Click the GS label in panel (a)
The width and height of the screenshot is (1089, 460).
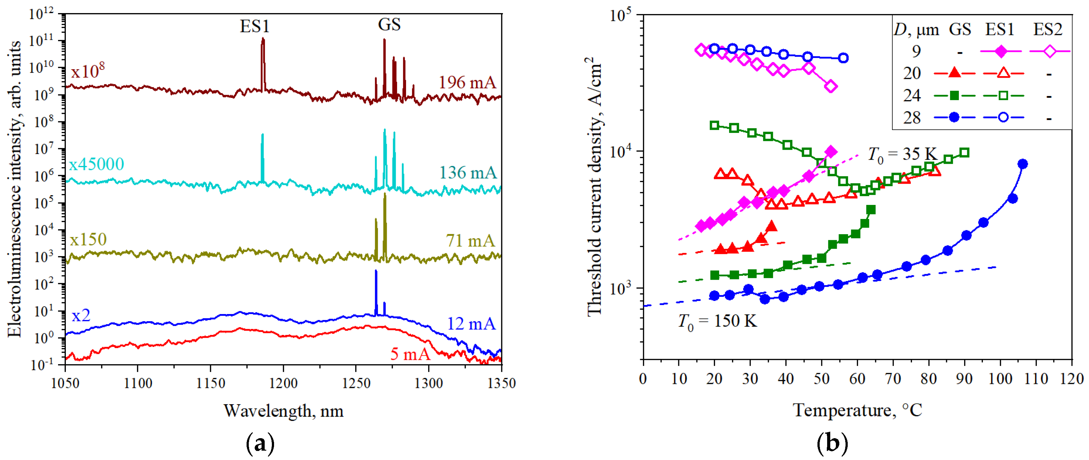389,25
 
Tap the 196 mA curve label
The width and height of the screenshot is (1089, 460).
467,83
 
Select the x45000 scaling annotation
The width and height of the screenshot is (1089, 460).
96,164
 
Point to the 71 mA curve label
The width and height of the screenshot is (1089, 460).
470,241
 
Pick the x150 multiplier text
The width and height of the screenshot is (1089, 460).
88,240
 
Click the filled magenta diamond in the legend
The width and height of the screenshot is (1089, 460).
1001,51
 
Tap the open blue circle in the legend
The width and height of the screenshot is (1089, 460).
1003,118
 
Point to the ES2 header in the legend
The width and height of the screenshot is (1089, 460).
1047,30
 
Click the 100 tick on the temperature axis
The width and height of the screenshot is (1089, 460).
1000,379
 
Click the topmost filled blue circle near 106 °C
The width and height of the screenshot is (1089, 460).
1023,164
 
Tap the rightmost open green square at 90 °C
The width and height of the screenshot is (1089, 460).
964,153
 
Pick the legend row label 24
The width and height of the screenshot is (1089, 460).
912,96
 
